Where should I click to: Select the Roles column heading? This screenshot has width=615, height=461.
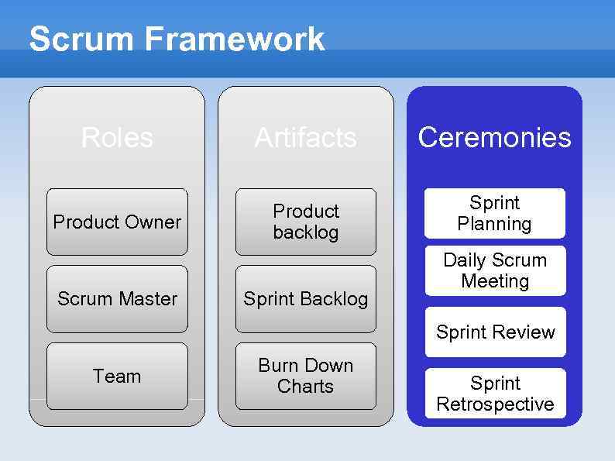coord(117,138)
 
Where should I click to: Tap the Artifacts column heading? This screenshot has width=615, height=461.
coord(306,138)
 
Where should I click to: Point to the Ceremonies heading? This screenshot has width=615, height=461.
coord(494,138)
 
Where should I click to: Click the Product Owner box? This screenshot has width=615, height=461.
coord(117,222)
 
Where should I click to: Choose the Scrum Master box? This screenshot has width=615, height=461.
coord(117,299)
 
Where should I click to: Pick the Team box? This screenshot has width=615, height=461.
coord(117,377)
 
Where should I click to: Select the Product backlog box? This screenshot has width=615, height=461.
coord(306,222)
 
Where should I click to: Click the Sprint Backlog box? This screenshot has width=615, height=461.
coord(306,299)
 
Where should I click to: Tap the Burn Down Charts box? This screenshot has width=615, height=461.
coord(306,376)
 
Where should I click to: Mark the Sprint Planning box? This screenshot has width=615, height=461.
coord(494,213)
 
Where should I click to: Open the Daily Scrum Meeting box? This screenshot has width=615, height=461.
coord(495,270)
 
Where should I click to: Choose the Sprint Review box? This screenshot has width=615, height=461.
coord(495,332)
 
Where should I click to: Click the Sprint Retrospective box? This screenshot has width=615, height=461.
coord(495,394)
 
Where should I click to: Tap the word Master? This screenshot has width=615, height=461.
coord(147,299)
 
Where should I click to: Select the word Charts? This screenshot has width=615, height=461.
coord(305,386)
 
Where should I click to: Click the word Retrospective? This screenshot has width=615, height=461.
coord(495,404)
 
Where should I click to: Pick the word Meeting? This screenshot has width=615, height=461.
coord(495,281)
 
